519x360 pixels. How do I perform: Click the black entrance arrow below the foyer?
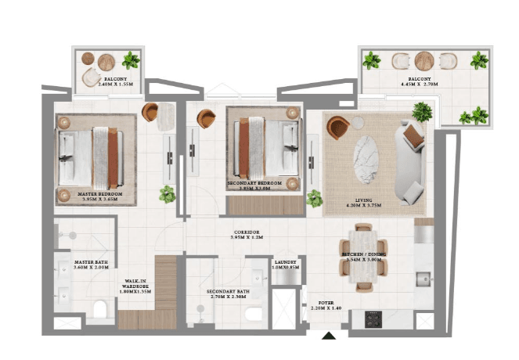(330, 337)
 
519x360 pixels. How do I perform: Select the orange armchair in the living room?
(337, 127)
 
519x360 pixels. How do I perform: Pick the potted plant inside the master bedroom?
(167, 194)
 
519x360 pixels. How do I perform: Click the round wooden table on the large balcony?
(423, 60)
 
